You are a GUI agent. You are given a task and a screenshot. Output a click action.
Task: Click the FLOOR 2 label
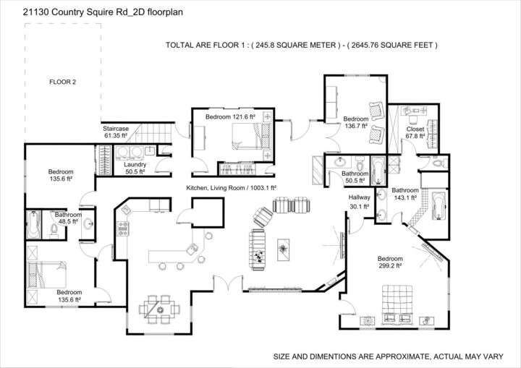point(62,82)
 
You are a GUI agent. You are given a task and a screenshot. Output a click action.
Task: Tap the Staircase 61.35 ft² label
point(115,132)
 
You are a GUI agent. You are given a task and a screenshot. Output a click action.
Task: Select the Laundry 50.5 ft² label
point(135,168)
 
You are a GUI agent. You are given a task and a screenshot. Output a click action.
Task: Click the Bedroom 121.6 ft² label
point(230,117)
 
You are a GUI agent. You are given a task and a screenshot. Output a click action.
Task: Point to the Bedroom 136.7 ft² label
point(356,122)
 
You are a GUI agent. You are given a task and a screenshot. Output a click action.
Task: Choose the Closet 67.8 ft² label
point(415,132)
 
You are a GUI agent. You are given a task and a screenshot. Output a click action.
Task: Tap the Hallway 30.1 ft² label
point(359,202)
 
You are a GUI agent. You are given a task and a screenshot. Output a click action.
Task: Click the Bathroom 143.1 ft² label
point(404,194)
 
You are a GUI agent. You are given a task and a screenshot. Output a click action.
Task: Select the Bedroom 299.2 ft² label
point(390,262)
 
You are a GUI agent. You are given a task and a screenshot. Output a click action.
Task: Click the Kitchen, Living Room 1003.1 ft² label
point(232,188)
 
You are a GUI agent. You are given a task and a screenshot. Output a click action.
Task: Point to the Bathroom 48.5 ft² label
point(68,218)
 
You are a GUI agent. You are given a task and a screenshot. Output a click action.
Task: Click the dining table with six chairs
point(160,309)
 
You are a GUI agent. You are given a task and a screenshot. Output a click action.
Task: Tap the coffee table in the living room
point(283,249)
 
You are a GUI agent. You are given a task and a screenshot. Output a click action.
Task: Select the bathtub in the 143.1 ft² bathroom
point(439,206)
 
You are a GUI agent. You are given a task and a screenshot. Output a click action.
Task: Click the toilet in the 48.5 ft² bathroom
point(54,229)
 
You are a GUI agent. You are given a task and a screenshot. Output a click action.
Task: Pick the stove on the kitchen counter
point(123,228)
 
